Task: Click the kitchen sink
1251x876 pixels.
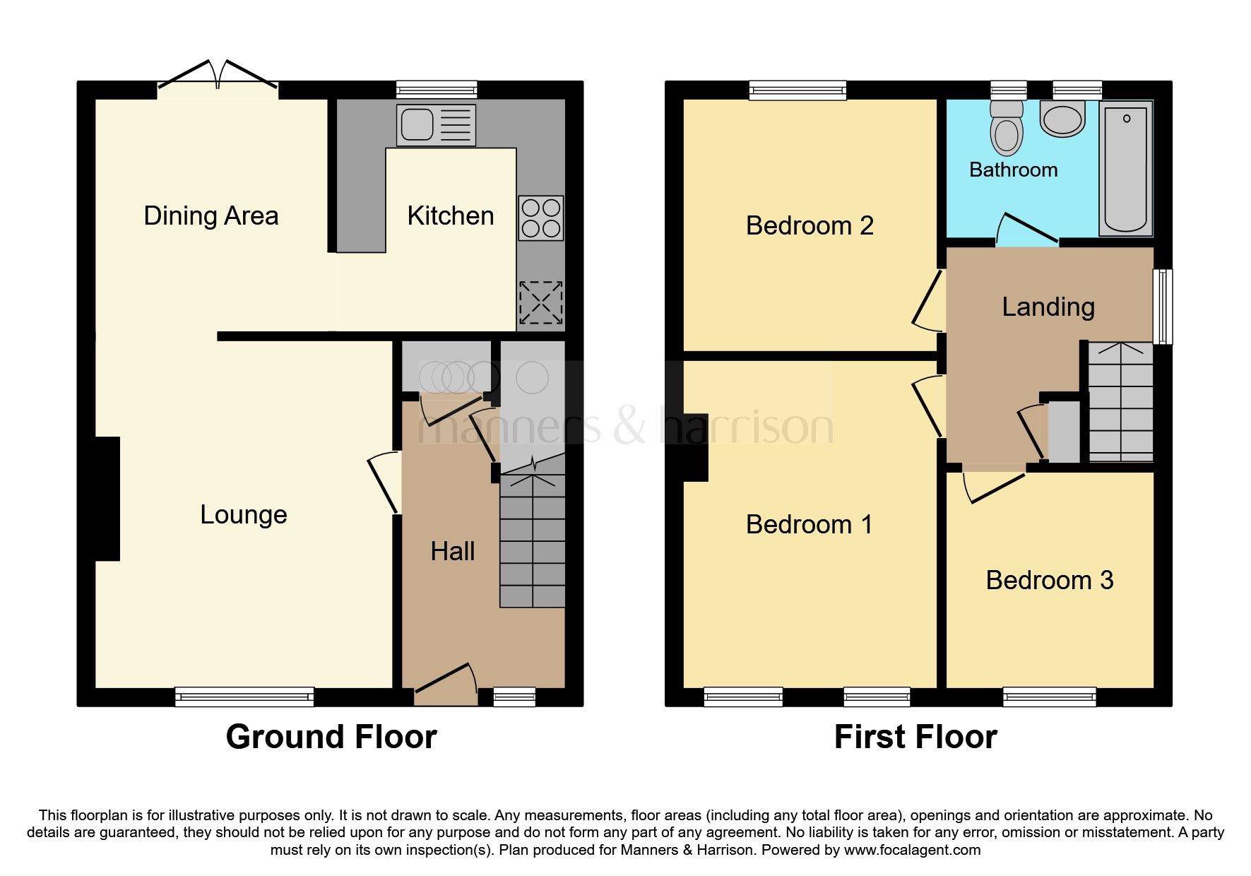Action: coord(436,125)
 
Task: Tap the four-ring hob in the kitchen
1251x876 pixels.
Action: coord(541,218)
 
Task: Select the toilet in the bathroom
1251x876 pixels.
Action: coord(1007,129)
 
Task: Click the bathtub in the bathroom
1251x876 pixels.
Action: coord(1126,168)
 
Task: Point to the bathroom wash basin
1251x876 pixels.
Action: coord(1062,118)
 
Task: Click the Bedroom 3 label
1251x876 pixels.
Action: coord(1049,580)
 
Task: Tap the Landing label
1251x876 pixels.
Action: coord(1048,307)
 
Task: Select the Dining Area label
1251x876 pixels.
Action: coord(211,215)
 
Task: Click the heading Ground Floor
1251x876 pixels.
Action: coord(331,737)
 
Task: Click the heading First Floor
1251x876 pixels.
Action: coord(915,737)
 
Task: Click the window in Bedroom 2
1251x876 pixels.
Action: coord(798,90)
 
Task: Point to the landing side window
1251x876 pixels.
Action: coord(1162,306)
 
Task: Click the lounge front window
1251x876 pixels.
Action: coord(244,697)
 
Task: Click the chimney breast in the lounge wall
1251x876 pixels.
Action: coord(107,498)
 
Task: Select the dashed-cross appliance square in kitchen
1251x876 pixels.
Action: coord(541,303)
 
